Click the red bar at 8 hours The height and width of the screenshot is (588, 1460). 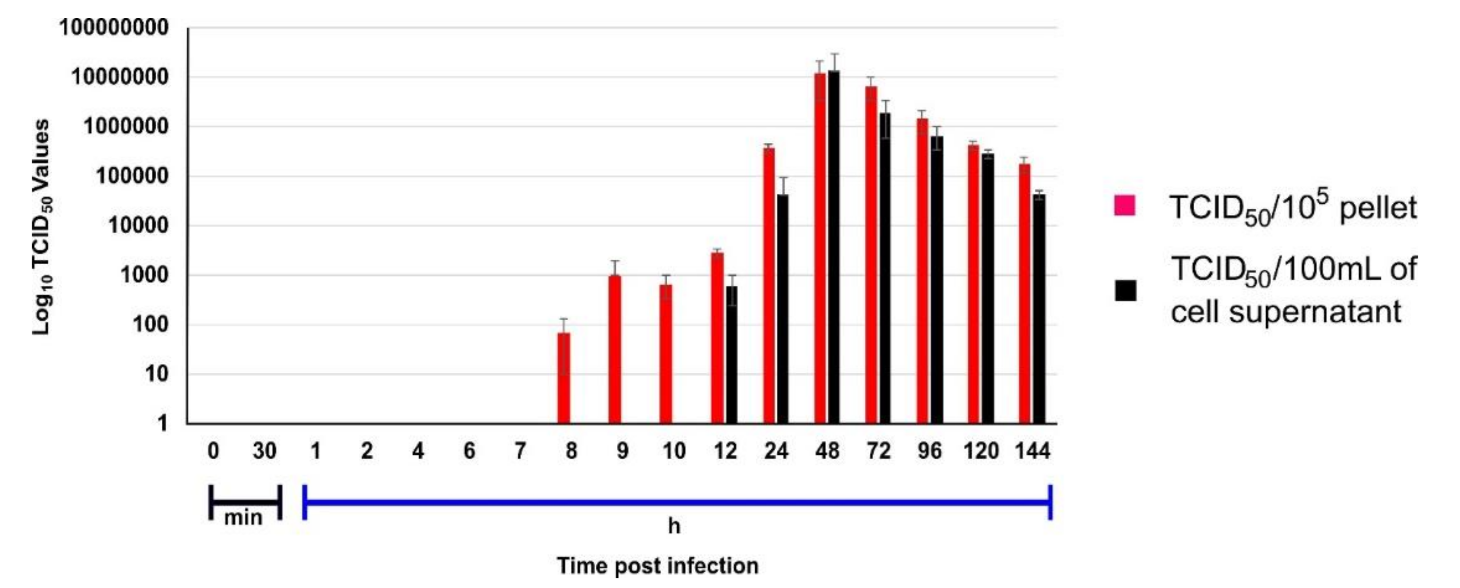[563, 378]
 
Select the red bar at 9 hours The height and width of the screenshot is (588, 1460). [615, 349]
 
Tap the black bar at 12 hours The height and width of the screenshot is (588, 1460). [732, 355]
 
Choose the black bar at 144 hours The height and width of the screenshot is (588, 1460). [1039, 309]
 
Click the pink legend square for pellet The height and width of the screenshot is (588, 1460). [1125, 206]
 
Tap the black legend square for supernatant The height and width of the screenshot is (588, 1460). [1125, 291]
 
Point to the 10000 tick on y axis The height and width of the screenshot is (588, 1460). [138, 225]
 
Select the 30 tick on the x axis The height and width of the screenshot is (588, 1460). [264, 452]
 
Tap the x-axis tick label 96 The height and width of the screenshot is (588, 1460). [929, 452]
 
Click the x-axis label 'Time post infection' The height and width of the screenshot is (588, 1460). [658, 566]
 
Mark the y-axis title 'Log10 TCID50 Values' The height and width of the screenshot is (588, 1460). [41, 227]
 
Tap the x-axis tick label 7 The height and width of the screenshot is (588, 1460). [520, 452]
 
